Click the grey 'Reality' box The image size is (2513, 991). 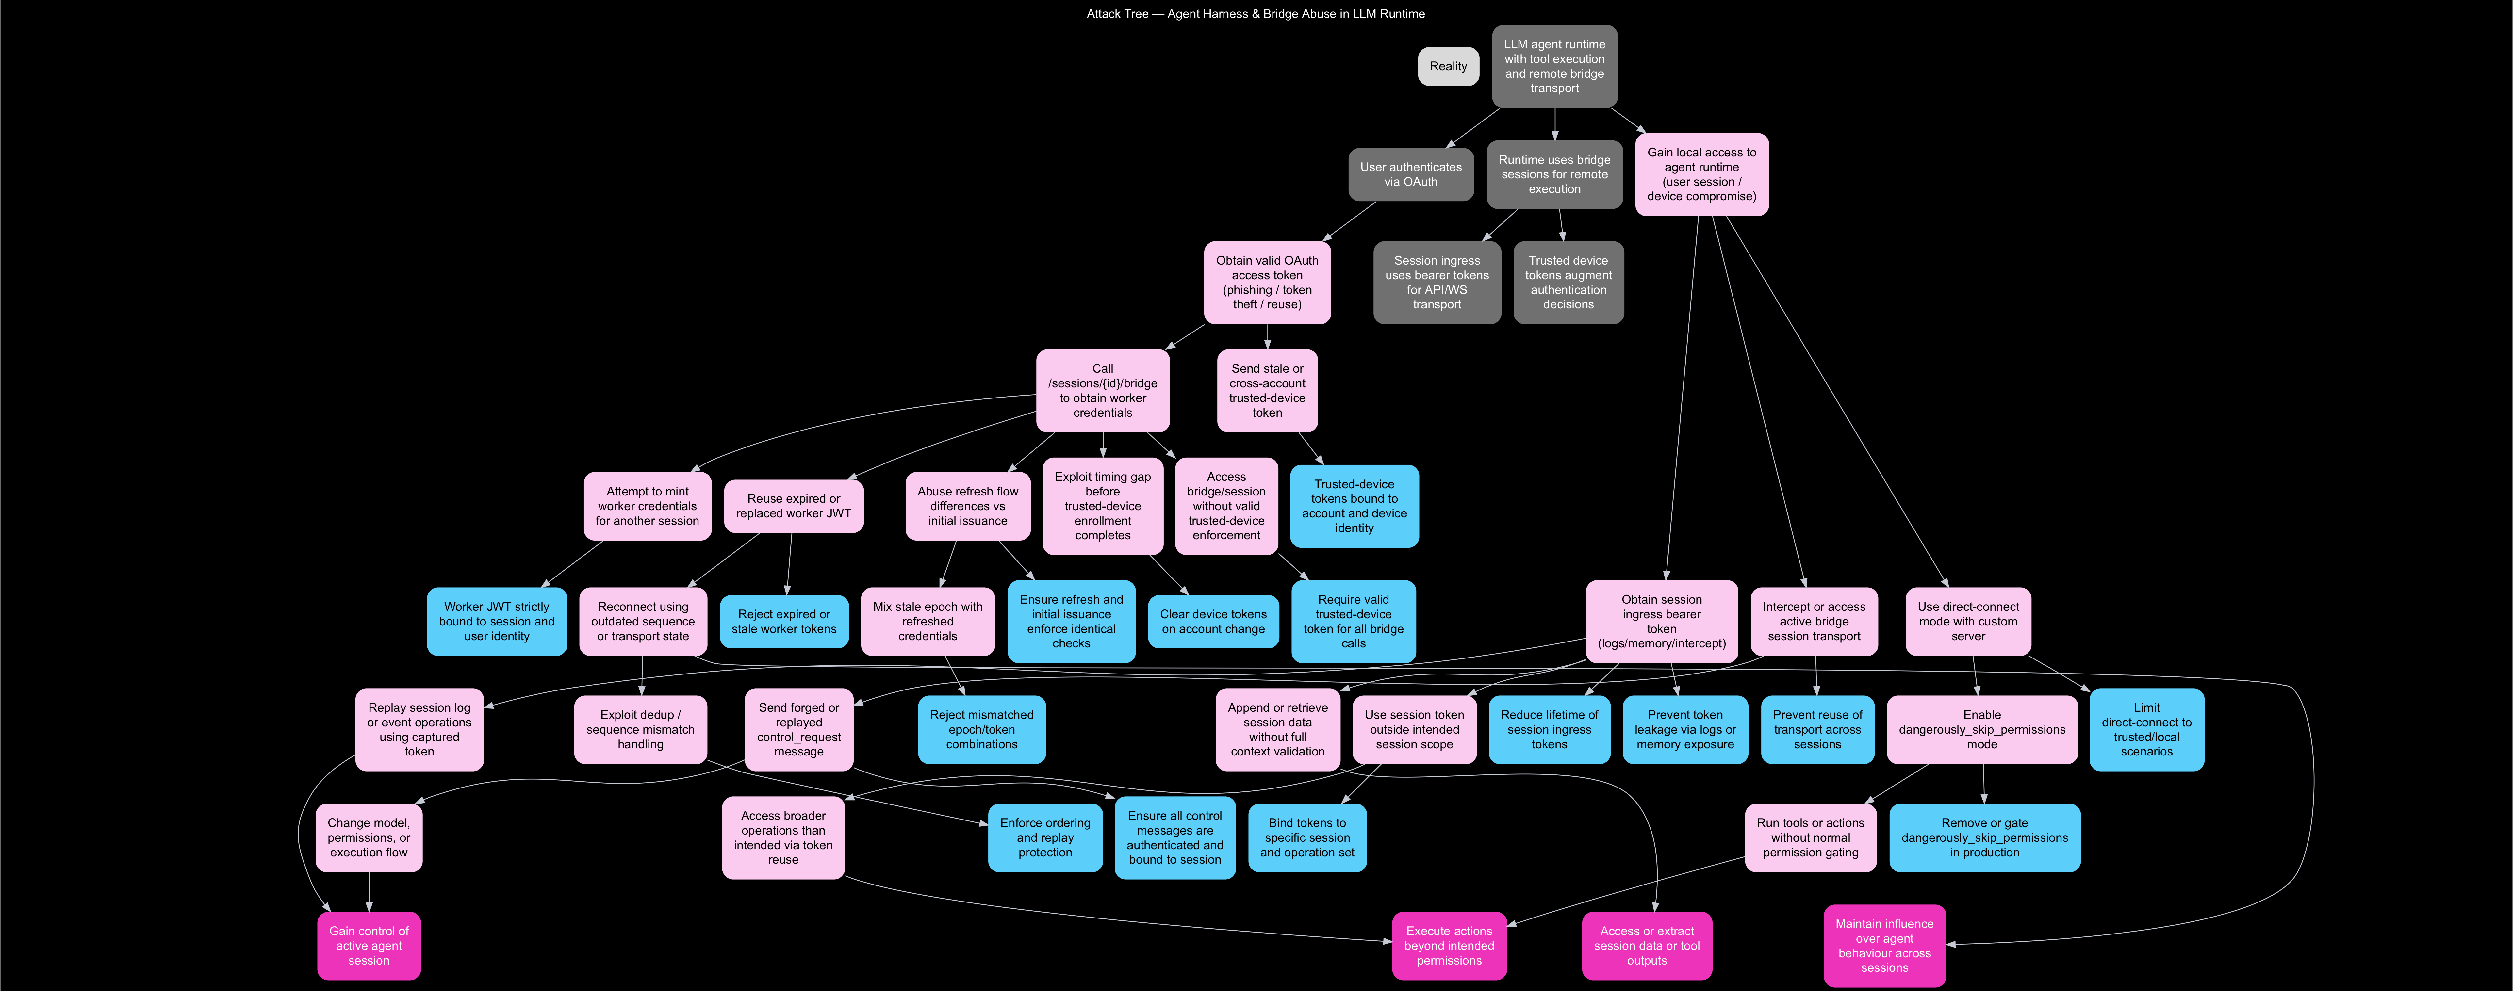(x=1448, y=66)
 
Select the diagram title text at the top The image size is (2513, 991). (x=1256, y=14)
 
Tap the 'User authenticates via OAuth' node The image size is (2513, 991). (x=1411, y=175)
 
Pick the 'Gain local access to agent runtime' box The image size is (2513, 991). (x=1701, y=175)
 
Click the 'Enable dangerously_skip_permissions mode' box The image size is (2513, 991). (x=1981, y=730)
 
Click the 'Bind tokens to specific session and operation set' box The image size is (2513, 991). (x=1307, y=838)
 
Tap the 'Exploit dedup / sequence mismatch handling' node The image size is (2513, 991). (x=640, y=730)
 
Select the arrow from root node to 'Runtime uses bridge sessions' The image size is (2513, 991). (x=1554, y=124)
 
